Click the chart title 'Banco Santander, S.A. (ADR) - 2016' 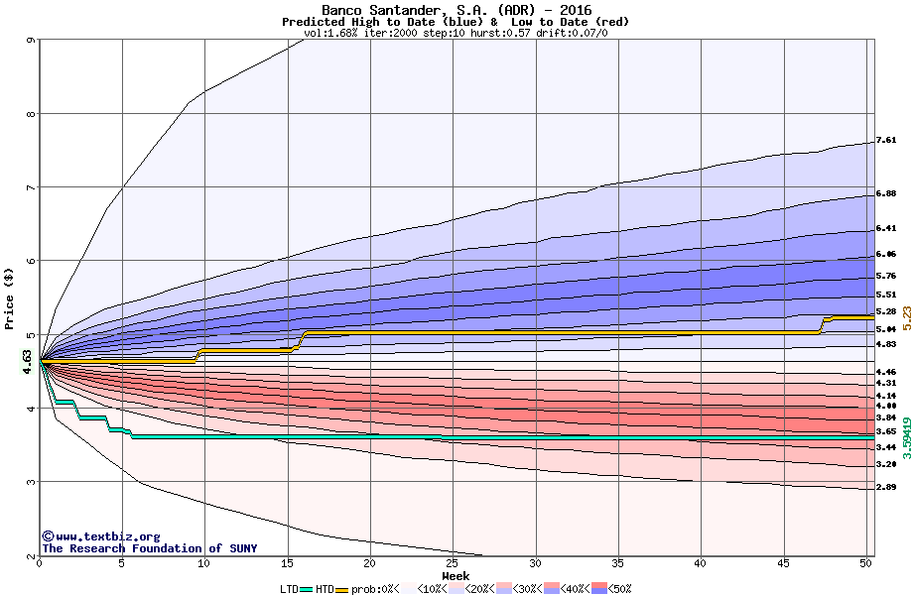tap(456, 10)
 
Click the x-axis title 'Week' tap(456, 576)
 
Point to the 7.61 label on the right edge tap(886, 141)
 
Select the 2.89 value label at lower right tap(886, 487)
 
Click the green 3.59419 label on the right tap(906, 423)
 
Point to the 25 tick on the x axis tap(453, 563)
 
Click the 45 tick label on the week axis tap(784, 563)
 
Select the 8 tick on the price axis tap(32, 114)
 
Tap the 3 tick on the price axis tap(32, 483)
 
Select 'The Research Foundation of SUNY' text tap(149, 548)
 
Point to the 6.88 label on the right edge tap(886, 193)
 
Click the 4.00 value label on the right tap(886, 407)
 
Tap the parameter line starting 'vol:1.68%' tap(456, 33)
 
